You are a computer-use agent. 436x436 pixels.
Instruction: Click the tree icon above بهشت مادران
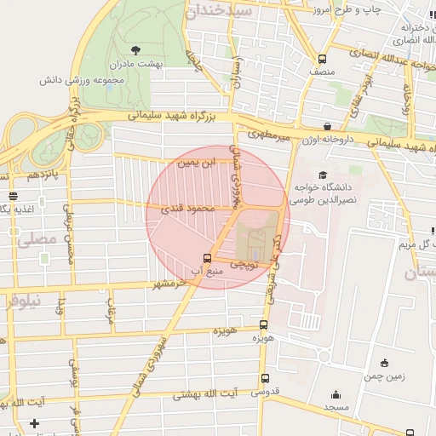coord(138,49)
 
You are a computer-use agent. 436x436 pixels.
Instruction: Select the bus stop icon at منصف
coord(322,59)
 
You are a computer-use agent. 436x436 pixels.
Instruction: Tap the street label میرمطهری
coord(269,135)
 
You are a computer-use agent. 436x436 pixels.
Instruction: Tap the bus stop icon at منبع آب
coord(207,259)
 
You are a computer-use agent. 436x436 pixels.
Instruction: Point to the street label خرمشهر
coord(167,283)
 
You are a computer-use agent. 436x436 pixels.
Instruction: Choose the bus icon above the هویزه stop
coord(262,324)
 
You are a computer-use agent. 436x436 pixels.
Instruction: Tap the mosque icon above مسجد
coord(336,394)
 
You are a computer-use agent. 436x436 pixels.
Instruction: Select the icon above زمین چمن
coord(385,362)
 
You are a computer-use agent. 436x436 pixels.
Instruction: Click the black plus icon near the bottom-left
coord(34,423)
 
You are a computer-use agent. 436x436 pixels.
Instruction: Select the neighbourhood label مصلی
coord(37,240)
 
